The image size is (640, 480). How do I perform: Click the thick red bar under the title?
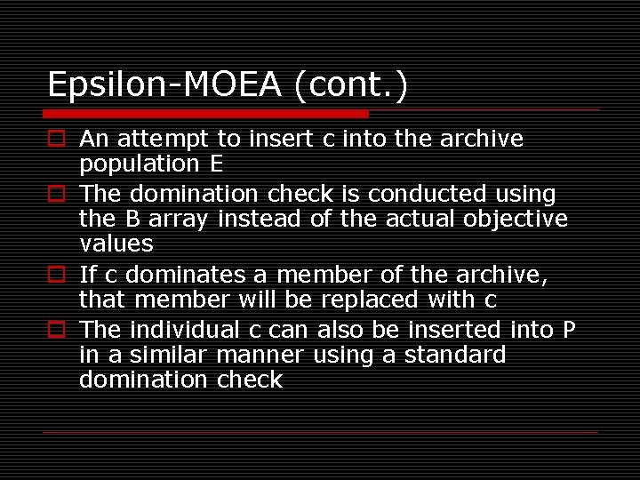pyautogui.click(x=206, y=114)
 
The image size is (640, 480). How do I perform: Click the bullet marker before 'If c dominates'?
pyautogui.click(x=55, y=275)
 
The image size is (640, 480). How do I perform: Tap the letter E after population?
pyautogui.click(x=216, y=164)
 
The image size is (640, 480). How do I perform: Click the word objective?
pyautogui.click(x=516, y=219)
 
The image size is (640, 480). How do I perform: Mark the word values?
pyautogui.click(x=116, y=244)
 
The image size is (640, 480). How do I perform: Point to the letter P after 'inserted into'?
pyautogui.click(x=570, y=330)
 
